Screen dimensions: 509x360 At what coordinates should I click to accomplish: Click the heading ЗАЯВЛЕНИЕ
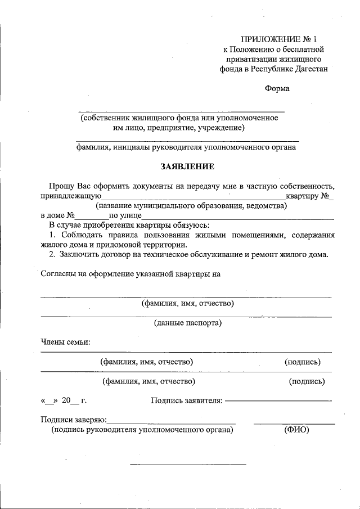click(x=187, y=166)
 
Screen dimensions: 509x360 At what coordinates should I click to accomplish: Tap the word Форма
click(x=277, y=88)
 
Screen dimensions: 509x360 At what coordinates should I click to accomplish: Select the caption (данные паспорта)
click(x=187, y=323)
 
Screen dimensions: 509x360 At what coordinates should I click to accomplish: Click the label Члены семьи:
click(x=66, y=341)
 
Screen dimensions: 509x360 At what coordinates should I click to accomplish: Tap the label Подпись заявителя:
click(x=187, y=400)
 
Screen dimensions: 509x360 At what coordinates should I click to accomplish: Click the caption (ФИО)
click(x=294, y=430)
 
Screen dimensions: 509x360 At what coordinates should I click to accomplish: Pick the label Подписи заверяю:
click(x=73, y=420)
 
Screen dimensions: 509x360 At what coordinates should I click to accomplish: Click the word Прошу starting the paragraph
click(x=60, y=186)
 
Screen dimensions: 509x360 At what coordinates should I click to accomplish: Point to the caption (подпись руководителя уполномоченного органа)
click(x=141, y=430)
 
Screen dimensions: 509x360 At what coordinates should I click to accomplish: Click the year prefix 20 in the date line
click(x=66, y=400)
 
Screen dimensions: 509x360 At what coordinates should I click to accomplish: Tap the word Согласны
click(x=60, y=274)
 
